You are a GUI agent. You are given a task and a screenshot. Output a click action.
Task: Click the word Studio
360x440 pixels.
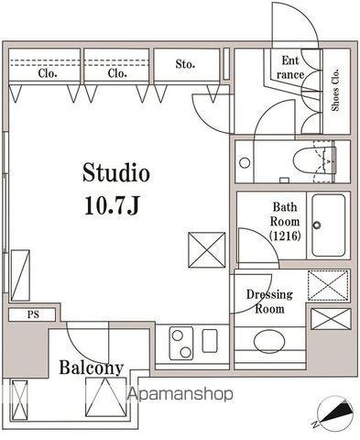tap(116, 172)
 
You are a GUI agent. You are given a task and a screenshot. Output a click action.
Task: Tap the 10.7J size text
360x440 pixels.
tap(112, 204)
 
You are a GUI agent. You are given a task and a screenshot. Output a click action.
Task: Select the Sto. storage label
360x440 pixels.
tap(185, 64)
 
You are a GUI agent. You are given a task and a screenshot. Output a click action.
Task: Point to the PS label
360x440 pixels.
tap(33, 314)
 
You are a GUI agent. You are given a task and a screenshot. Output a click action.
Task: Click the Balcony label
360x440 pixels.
tap(91, 368)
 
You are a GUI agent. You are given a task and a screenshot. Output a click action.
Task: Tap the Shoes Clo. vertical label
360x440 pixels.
tap(335, 90)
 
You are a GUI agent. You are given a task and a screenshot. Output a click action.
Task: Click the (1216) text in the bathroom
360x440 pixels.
tap(285, 236)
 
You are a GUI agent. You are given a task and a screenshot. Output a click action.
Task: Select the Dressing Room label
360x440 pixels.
tap(269, 301)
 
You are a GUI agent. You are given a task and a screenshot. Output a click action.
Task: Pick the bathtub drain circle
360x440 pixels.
tap(317, 225)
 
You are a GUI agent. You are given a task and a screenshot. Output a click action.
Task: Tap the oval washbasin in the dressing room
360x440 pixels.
tap(269, 341)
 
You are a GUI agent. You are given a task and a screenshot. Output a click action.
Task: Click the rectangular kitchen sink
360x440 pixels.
tap(210, 341)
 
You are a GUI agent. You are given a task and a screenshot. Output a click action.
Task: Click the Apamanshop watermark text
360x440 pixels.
tap(180, 393)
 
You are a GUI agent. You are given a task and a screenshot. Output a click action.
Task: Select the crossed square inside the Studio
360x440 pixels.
tap(207, 250)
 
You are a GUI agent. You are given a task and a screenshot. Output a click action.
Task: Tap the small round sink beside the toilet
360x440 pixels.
tap(245, 162)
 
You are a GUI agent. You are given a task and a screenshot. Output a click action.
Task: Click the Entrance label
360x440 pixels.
tap(289, 68)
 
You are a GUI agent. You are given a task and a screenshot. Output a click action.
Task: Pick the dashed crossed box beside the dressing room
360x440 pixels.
tap(328, 285)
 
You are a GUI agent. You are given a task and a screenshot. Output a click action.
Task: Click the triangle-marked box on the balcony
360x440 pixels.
tap(106, 397)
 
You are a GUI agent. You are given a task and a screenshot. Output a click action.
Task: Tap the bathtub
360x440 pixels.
tap(329, 225)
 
